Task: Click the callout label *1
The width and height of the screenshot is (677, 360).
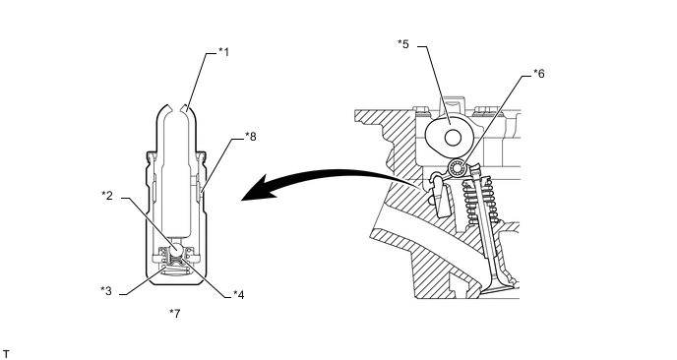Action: point(223,52)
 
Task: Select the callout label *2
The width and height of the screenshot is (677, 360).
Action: point(107,196)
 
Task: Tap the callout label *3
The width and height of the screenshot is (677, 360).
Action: point(106,291)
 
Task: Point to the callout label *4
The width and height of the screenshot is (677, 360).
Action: point(239,295)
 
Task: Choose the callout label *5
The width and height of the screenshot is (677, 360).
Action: point(403,44)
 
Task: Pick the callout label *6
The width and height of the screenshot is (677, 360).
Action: point(539,74)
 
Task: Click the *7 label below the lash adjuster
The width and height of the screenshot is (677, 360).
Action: point(175,314)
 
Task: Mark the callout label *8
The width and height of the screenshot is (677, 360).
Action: point(250,137)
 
